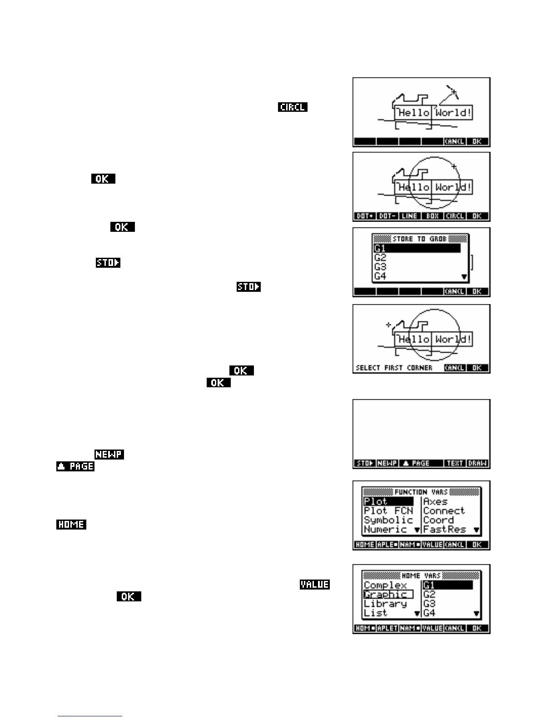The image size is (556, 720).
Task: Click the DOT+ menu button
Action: [365, 216]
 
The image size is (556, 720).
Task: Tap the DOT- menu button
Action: [387, 216]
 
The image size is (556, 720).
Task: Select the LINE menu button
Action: [410, 216]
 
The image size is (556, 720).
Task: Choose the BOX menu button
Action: [432, 216]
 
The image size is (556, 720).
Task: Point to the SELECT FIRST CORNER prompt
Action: [394, 368]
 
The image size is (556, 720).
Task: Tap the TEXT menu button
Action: [455, 463]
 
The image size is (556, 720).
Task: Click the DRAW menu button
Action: [477, 463]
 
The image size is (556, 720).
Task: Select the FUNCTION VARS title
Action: [421, 492]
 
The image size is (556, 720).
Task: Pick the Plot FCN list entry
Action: [388, 511]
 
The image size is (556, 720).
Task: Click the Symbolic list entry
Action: [388, 520]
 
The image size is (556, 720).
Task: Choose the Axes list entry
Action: [435, 501]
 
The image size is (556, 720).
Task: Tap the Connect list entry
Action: [444, 511]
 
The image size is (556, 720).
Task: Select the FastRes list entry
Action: [444, 530]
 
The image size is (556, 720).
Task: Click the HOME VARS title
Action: [421, 575]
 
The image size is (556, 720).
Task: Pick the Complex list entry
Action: [385, 585]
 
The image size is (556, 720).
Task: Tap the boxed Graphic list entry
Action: [387, 595]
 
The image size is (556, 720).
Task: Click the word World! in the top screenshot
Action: [453, 113]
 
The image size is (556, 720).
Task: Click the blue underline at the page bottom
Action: [90, 716]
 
